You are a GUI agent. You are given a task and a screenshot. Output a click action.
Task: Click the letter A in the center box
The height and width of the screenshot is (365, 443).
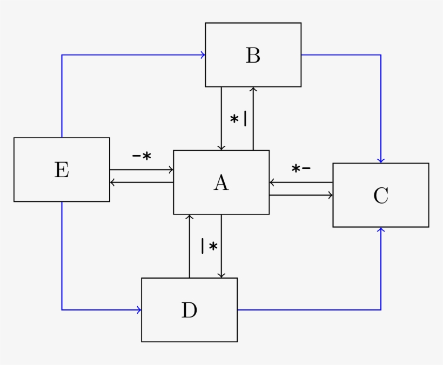point(221,183)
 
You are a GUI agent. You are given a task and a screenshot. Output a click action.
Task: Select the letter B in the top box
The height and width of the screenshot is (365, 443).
point(253,55)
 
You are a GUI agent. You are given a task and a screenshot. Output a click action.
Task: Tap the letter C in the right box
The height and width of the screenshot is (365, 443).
point(380,195)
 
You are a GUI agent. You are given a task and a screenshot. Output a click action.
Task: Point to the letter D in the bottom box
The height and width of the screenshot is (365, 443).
point(189,310)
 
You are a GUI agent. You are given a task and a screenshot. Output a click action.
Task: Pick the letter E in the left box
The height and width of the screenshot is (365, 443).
point(62,170)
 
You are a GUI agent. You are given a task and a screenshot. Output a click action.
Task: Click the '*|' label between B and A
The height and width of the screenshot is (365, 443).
point(238,119)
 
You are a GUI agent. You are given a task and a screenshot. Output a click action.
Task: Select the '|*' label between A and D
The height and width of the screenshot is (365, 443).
point(209,246)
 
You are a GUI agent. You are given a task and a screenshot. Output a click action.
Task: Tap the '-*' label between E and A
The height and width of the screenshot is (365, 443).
point(142,156)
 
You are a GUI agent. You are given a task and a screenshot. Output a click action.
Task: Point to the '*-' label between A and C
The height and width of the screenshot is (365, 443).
point(301,169)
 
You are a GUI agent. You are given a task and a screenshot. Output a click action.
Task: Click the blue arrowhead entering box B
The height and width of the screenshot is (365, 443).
point(203,55)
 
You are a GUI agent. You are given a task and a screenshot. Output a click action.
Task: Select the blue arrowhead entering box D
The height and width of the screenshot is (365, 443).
point(139,310)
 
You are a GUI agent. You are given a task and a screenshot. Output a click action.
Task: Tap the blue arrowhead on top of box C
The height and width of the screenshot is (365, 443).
point(381,160)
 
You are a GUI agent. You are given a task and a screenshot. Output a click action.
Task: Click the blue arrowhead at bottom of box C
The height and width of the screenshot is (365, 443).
point(381,230)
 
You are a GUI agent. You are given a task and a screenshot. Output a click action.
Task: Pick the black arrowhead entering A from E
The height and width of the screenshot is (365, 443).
point(171,170)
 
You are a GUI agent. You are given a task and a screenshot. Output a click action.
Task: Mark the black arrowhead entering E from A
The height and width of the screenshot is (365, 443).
point(112,182)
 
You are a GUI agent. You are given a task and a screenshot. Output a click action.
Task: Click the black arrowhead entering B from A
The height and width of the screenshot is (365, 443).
point(253,89)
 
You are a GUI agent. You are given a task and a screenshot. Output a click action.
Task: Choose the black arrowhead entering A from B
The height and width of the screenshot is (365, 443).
point(221,148)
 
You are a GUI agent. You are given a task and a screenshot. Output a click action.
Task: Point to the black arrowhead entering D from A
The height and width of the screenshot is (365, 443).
point(221,275)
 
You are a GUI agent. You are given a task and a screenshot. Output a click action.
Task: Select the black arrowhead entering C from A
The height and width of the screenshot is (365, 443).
point(331,195)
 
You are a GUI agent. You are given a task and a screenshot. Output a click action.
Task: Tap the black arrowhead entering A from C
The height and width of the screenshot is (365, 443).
point(272,182)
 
